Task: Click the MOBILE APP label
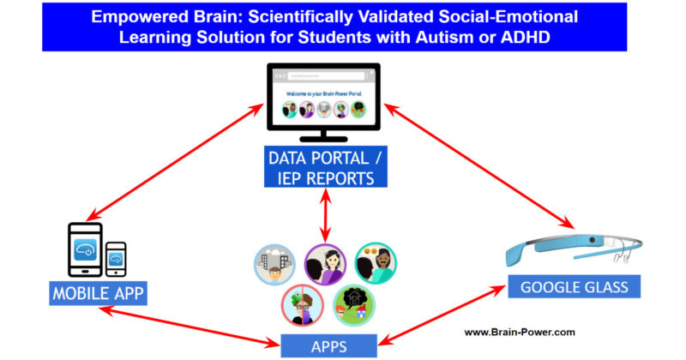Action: click(x=96, y=293)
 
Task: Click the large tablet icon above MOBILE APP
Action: click(x=85, y=249)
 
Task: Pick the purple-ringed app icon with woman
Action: click(x=325, y=265)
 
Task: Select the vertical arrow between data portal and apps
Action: click(x=324, y=215)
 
